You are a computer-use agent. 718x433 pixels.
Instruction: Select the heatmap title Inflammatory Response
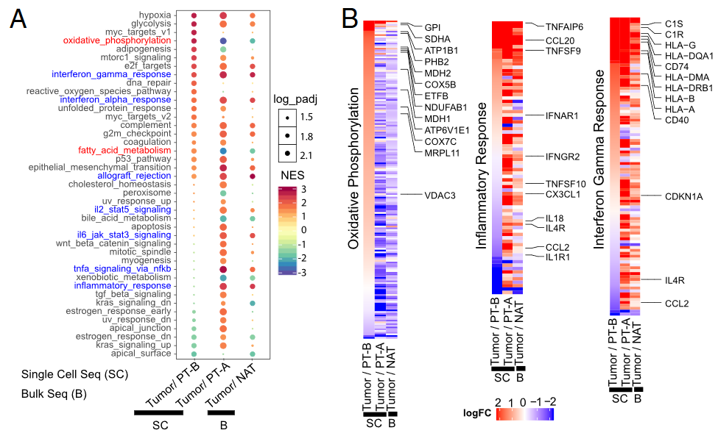482,176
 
